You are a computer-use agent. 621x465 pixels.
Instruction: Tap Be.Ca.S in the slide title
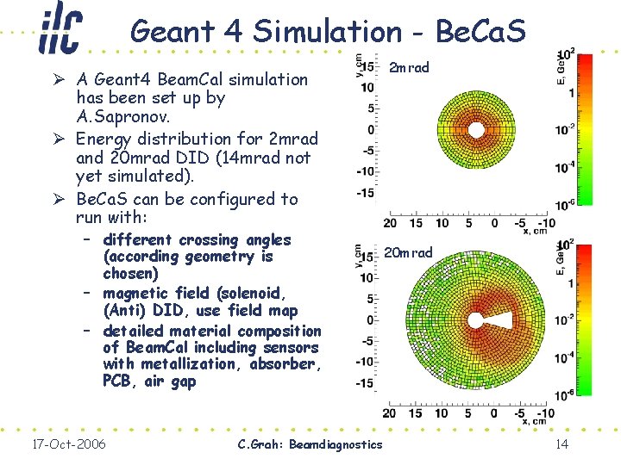pos(480,31)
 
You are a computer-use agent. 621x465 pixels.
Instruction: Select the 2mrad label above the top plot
pos(409,67)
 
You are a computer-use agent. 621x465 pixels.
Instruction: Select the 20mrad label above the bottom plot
pos(408,252)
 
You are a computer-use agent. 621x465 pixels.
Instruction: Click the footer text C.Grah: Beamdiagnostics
pos(309,443)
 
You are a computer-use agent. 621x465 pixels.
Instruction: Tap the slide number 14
pos(562,443)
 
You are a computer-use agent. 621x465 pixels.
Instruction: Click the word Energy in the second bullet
pos(105,138)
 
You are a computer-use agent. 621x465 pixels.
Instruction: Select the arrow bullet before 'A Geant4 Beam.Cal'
pos(57,79)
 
